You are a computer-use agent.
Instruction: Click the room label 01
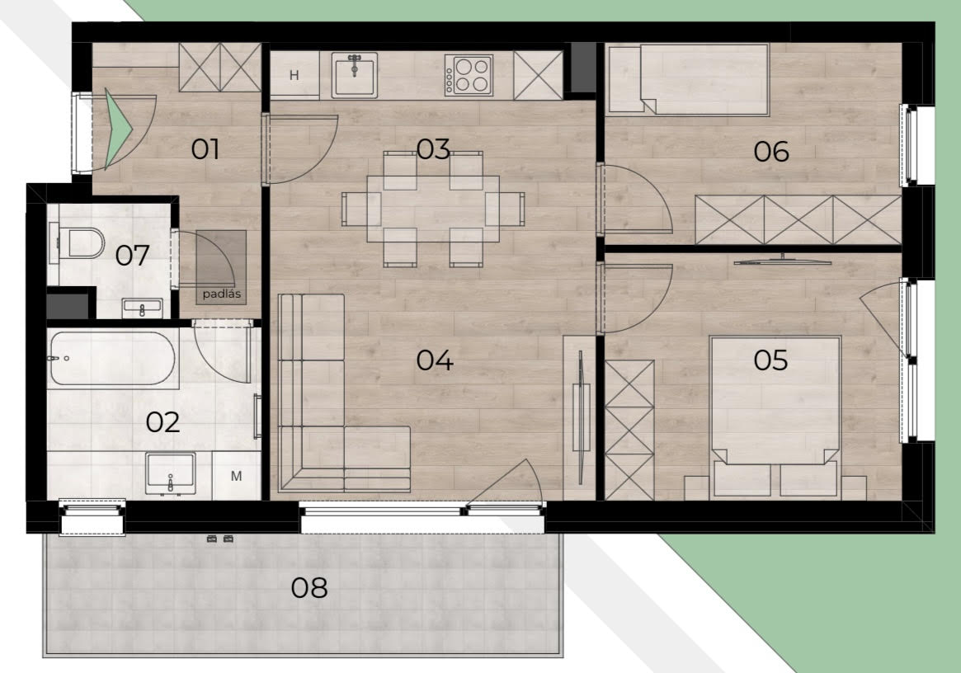click(x=205, y=149)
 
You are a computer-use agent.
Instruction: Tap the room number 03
click(x=433, y=149)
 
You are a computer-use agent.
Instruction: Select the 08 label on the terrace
click(x=309, y=588)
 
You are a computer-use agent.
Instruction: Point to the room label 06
click(x=771, y=152)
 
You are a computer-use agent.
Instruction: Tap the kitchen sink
click(x=354, y=75)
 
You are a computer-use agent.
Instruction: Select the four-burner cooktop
click(x=469, y=75)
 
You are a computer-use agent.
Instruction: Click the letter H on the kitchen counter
click(x=294, y=75)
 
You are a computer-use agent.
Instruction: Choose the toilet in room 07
click(x=77, y=243)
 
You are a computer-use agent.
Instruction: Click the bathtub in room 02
click(x=112, y=359)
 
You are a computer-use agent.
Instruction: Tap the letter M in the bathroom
click(x=236, y=476)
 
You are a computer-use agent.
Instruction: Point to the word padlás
click(x=221, y=294)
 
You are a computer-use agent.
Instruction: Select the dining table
click(x=433, y=209)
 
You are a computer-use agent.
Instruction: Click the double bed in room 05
click(x=775, y=416)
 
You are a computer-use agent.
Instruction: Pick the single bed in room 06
click(x=688, y=79)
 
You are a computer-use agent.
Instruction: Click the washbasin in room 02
click(x=171, y=473)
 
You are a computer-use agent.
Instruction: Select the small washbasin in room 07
click(x=142, y=308)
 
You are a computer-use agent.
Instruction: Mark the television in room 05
click(x=783, y=260)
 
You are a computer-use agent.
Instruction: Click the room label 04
click(x=435, y=360)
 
